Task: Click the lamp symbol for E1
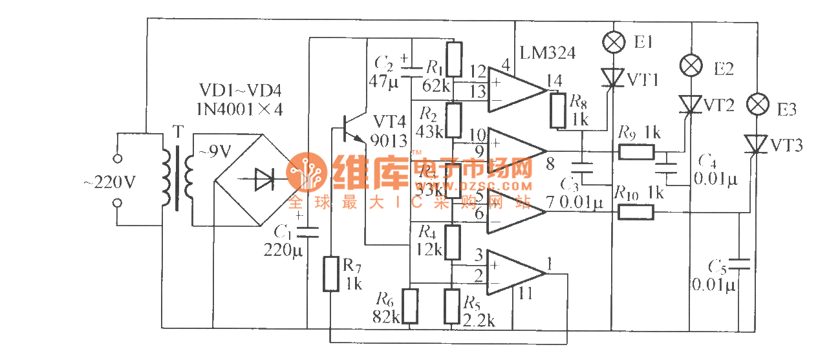pos(613,43)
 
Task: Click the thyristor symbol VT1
pos(612,78)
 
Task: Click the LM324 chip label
pos(547,53)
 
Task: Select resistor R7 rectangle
pos(330,273)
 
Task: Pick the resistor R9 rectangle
pos(636,152)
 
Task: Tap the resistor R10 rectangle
pos(635,211)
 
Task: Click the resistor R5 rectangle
pos(452,306)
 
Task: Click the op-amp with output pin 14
pos(516,89)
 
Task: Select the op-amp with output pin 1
pos(516,272)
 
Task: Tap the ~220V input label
pos(110,183)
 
